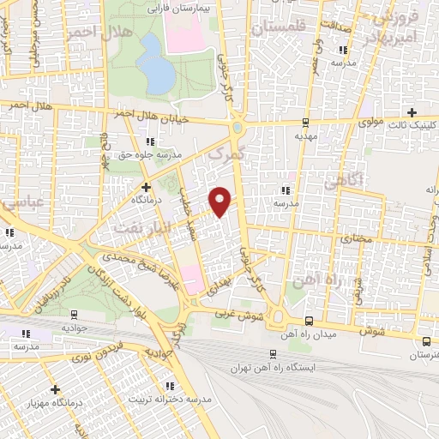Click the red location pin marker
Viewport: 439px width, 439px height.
[221, 200]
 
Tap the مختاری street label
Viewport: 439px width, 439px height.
[353, 237]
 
